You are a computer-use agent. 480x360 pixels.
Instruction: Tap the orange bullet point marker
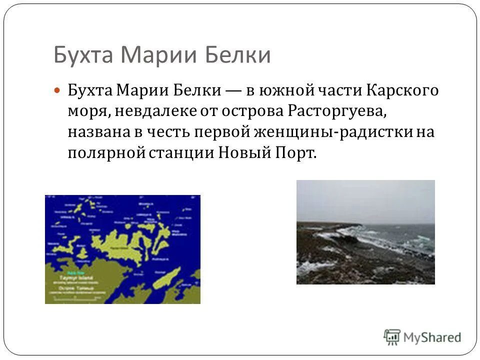(57, 91)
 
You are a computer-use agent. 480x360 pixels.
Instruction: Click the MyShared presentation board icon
(392, 337)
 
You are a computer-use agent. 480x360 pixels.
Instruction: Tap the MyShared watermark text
(432, 337)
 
